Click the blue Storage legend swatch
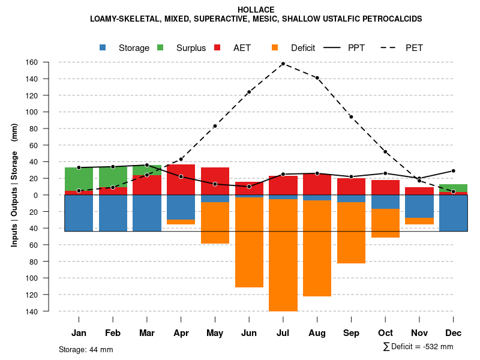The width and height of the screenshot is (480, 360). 103,47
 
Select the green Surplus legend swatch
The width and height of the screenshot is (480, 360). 160,47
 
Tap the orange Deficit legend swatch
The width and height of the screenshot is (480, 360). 275,47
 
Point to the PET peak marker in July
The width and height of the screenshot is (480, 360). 283,64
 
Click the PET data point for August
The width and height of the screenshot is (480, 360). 317,78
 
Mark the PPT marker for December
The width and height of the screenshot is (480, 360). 453,171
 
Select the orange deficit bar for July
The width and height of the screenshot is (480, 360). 283,255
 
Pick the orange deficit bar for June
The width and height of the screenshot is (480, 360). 249,242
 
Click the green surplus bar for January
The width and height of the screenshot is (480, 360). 79,179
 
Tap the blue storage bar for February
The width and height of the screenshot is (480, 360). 113,213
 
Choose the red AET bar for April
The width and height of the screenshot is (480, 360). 181,179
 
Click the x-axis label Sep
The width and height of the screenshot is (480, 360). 351,333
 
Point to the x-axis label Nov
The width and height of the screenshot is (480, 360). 419,333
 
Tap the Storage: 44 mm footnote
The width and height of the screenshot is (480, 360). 86,349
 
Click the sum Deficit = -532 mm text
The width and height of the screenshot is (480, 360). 418,347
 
